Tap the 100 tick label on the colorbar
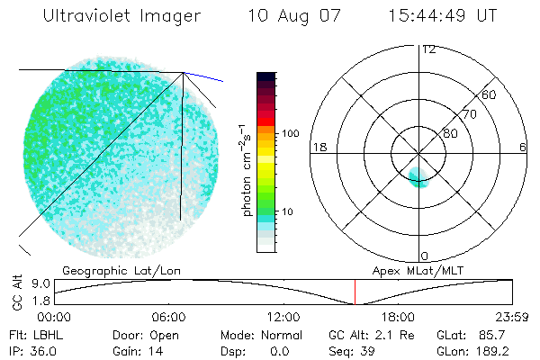click(x=289, y=133)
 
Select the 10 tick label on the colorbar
click(x=286, y=212)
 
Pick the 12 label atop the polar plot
click(x=429, y=49)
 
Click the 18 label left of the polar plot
click(x=318, y=147)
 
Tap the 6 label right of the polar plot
click(x=522, y=147)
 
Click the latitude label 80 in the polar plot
click(x=450, y=133)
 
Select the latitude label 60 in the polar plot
click(x=490, y=94)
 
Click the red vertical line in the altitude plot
click(x=355, y=292)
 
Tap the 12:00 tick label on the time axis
click(x=283, y=317)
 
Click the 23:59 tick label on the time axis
click(x=513, y=317)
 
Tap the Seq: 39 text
click(x=355, y=352)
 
